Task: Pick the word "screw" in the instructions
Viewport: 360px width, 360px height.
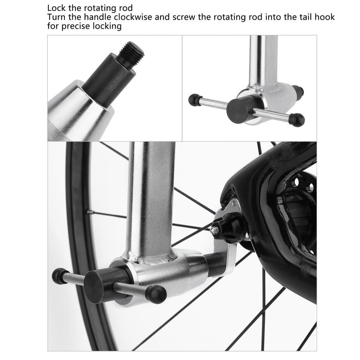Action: coord(184,17)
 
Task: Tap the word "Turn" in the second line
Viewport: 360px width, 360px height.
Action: coord(56,17)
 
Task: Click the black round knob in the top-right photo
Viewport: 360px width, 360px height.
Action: coord(240,109)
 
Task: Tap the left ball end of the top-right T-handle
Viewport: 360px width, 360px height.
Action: coord(194,100)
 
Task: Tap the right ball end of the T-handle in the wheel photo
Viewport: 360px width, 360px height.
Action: coord(156,294)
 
